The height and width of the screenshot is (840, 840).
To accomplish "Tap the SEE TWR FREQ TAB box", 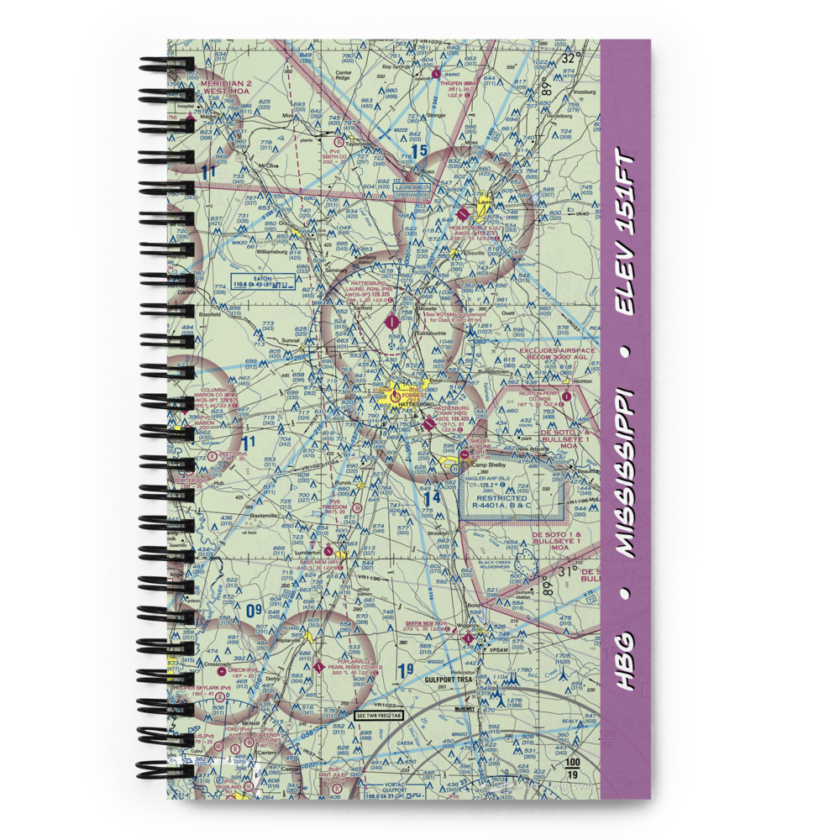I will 378,715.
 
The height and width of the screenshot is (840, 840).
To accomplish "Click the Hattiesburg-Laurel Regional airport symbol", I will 391,320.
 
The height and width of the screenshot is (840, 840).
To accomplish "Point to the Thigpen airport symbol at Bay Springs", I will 436,73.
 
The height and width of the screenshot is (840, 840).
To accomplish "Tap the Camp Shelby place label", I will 489,465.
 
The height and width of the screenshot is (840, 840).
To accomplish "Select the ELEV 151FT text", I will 626,234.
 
